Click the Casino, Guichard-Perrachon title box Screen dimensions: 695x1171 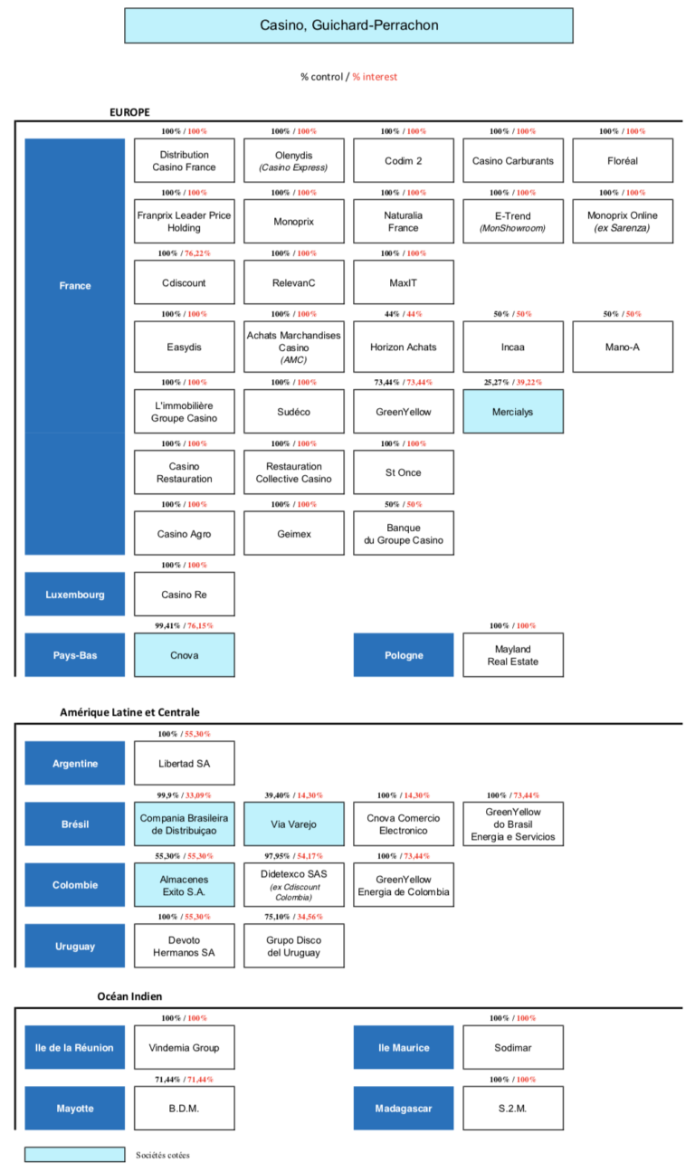[x=348, y=25]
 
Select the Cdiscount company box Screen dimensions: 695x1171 [x=184, y=282]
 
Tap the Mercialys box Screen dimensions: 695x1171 [x=513, y=412]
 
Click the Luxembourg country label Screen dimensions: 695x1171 [x=75, y=594]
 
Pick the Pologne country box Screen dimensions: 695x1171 [x=404, y=654]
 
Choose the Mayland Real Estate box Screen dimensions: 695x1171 [x=513, y=654]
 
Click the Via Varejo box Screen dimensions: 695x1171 [x=294, y=824]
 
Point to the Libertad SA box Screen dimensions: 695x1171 [x=184, y=763]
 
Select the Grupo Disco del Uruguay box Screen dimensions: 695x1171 [x=294, y=946]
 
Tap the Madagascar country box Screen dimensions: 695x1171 [x=404, y=1108]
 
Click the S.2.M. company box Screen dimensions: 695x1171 [x=513, y=1108]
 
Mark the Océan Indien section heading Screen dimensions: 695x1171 [x=129, y=995]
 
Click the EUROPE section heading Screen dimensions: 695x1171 [x=129, y=112]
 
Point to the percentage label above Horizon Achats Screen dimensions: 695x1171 [x=404, y=314]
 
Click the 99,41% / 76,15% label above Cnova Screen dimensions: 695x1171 [x=184, y=625]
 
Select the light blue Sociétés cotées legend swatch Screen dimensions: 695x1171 [x=75, y=1155]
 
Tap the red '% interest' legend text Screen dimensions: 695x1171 [x=375, y=76]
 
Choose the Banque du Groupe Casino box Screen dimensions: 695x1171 [x=404, y=533]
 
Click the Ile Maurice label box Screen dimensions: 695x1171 [x=404, y=1047]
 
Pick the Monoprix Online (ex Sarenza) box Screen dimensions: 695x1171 [x=623, y=221]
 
